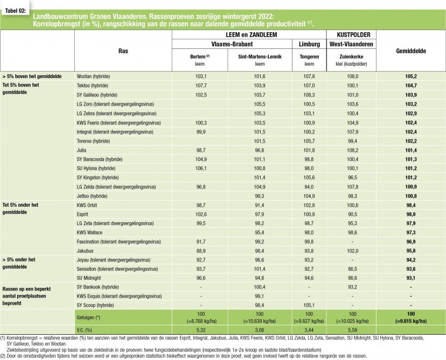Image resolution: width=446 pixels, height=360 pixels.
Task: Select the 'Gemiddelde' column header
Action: (411, 51)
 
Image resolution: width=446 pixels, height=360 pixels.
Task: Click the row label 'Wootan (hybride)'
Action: (95, 76)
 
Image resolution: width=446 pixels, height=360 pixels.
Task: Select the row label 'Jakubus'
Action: (86, 251)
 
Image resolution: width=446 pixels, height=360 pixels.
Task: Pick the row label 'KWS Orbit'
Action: (89, 205)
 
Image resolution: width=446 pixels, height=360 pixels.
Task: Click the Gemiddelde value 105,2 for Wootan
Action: (411, 76)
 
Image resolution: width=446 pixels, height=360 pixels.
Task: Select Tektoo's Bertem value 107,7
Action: (199, 86)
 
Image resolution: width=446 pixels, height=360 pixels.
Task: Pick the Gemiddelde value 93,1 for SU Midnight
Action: (411, 278)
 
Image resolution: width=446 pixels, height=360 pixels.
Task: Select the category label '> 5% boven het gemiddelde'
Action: (31, 76)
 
